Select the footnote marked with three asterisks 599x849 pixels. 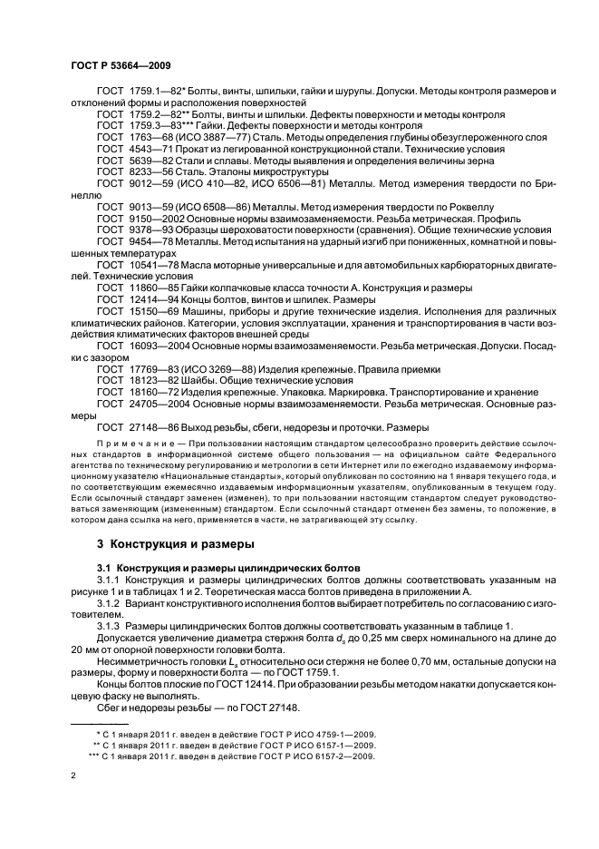231,754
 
